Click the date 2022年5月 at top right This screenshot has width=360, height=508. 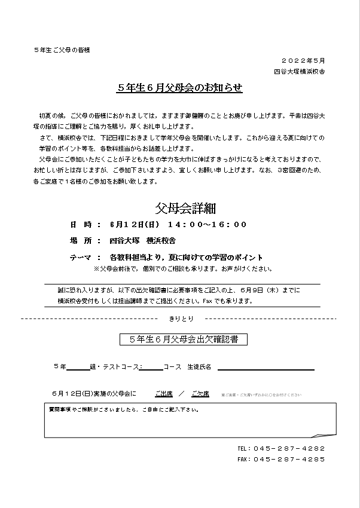pyautogui.click(x=303, y=61)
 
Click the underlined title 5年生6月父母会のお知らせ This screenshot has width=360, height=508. pyautogui.click(x=179, y=88)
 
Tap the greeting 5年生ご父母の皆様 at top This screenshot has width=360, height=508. pyautogui.click(x=62, y=50)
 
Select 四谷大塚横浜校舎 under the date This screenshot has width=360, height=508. pyautogui.click(x=299, y=72)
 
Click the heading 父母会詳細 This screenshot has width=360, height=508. pyautogui.click(x=185, y=208)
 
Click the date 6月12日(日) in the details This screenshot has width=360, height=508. pyautogui.click(x=127, y=225)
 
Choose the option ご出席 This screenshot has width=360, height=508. pyautogui.click(x=164, y=394)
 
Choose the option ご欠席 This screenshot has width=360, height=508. pyautogui.click(x=200, y=394)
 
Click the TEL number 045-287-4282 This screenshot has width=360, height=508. pyautogui.click(x=289, y=448)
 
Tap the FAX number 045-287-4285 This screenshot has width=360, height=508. pyautogui.click(x=289, y=459)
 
